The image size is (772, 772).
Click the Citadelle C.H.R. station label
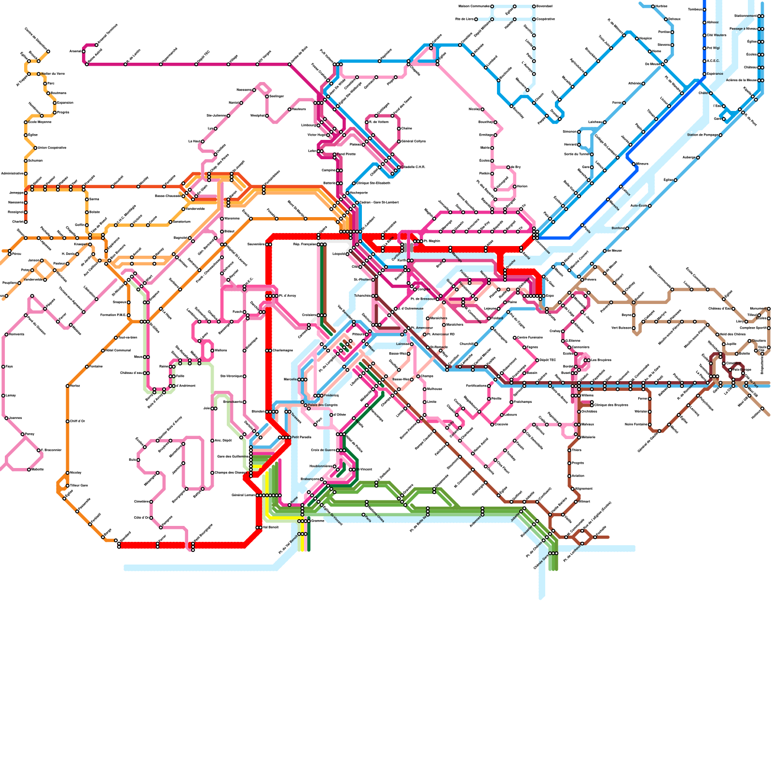click(413, 167)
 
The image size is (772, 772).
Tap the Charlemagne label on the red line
click(283, 350)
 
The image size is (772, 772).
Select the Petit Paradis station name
click(302, 437)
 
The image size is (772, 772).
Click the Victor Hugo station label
click(317, 135)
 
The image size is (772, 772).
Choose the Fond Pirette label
click(346, 154)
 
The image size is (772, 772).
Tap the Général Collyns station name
click(414, 141)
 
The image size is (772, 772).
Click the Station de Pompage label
click(703, 135)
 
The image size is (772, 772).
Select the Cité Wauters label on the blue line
click(717, 35)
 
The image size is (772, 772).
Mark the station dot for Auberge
click(698, 157)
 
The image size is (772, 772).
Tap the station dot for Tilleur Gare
click(68, 485)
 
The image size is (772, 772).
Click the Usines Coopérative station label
click(52, 148)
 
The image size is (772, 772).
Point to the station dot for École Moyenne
click(26, 122)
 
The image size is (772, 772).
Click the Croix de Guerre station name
click(323, 450)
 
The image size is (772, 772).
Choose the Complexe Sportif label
click(753, 328)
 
